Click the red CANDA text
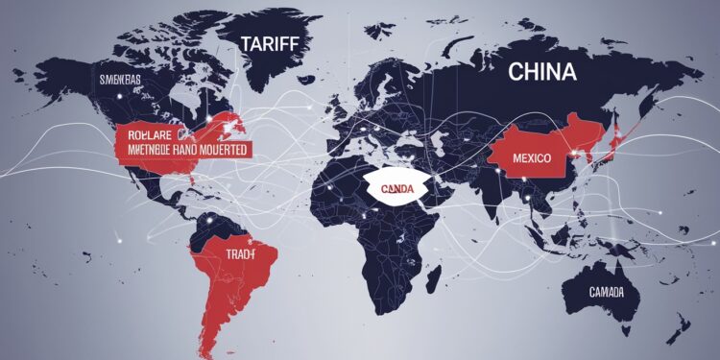(x=396, y=189)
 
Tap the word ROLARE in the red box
(x=144, y=134)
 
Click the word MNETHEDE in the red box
(x=143, y=150)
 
